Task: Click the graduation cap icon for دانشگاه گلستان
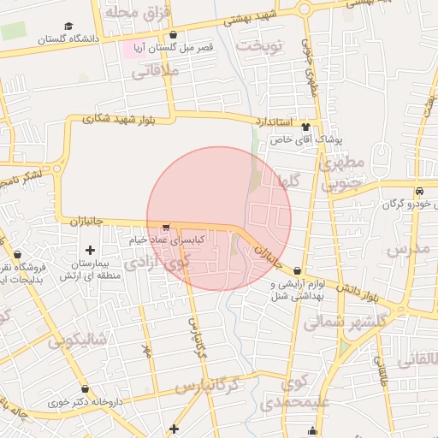(68, 26)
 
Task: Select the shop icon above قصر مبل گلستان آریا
(175, 35)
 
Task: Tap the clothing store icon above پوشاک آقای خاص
(305, 127)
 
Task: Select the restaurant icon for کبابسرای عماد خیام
(165, 228)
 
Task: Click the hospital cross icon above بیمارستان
(91, 250)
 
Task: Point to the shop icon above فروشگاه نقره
(18, 254)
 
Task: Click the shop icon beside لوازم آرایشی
(297, 270)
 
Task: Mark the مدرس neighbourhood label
(407, 250)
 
